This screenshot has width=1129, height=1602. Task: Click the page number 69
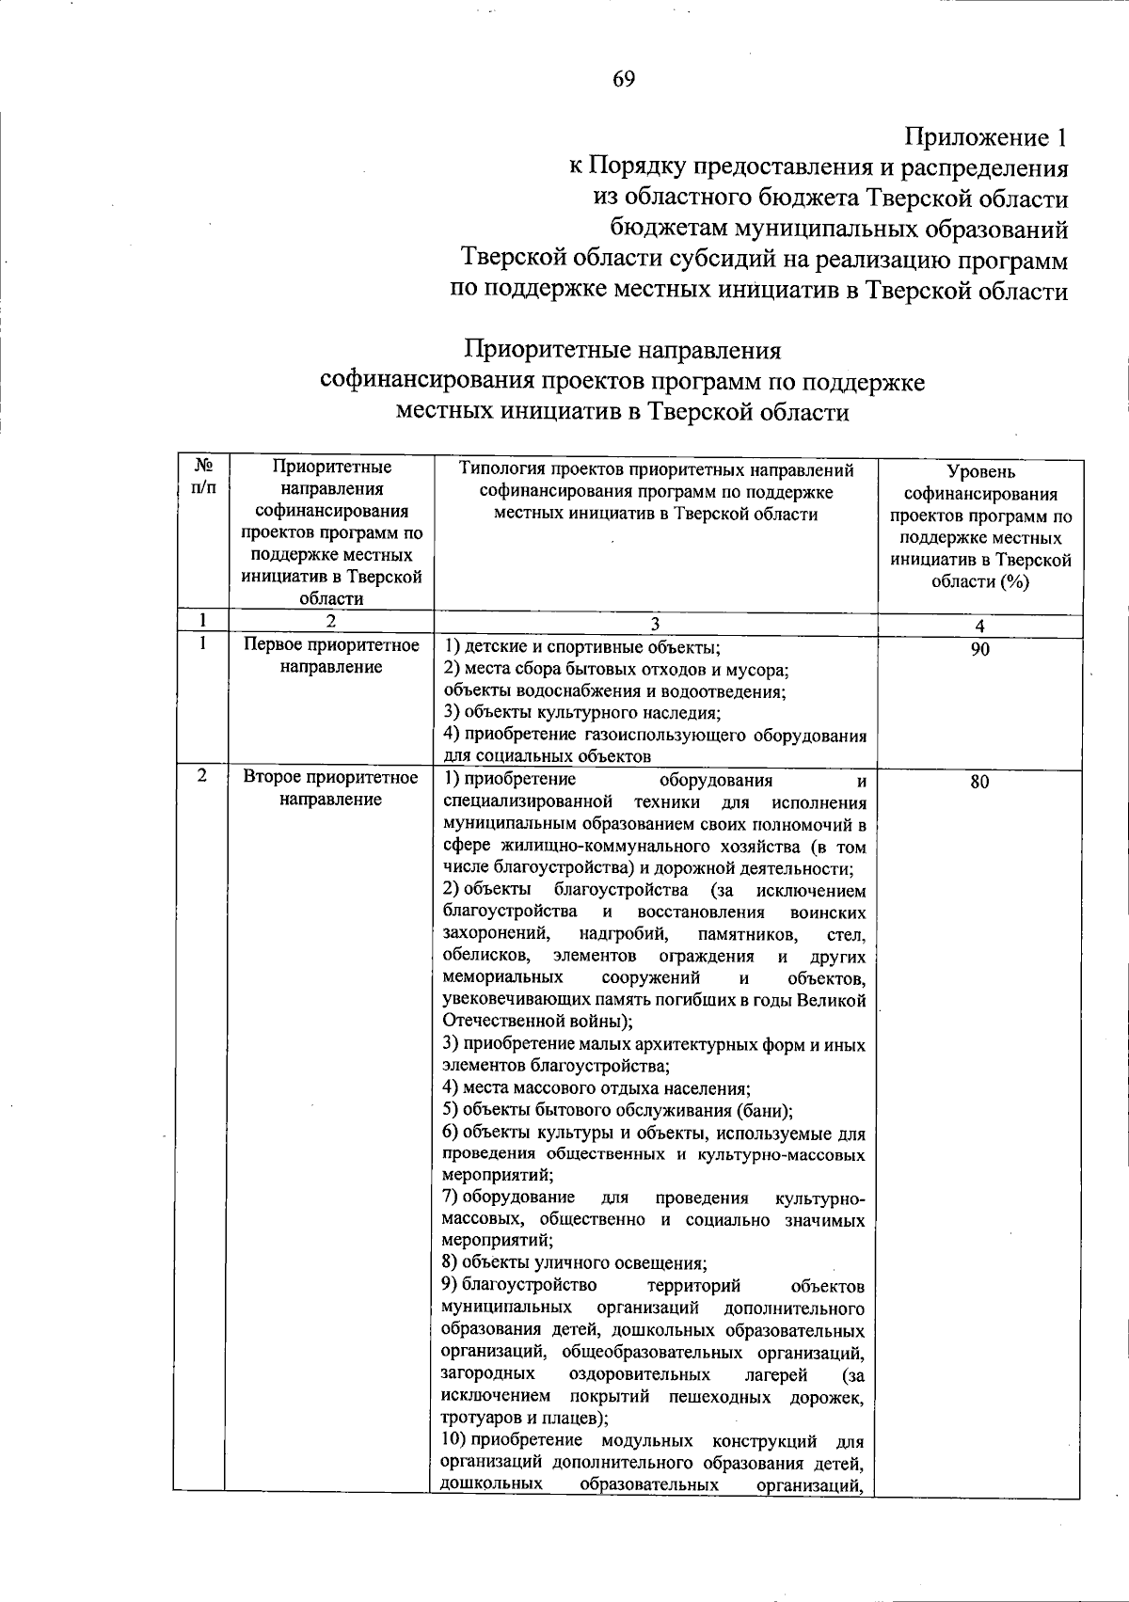[624, 79]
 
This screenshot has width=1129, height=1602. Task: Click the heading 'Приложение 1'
[986, 137]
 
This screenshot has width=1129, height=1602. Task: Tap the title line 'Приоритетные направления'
[623, 350]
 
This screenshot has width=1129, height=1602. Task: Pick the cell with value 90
[980, 649]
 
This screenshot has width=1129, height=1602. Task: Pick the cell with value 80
[980, 783]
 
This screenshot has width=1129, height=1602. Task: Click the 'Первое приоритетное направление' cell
[330, 656]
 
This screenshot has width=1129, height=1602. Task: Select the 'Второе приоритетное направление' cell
[330, 788]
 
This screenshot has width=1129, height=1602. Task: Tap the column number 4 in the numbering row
[980, 626]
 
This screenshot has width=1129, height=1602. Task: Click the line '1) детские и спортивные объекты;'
[582, 647]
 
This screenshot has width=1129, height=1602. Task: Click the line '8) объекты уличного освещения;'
[575, 1262]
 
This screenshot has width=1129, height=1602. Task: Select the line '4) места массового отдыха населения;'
[596, 1088]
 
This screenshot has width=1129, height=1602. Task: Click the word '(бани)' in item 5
[765, 1110]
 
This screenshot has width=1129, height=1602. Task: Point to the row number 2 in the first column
[202, 777]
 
